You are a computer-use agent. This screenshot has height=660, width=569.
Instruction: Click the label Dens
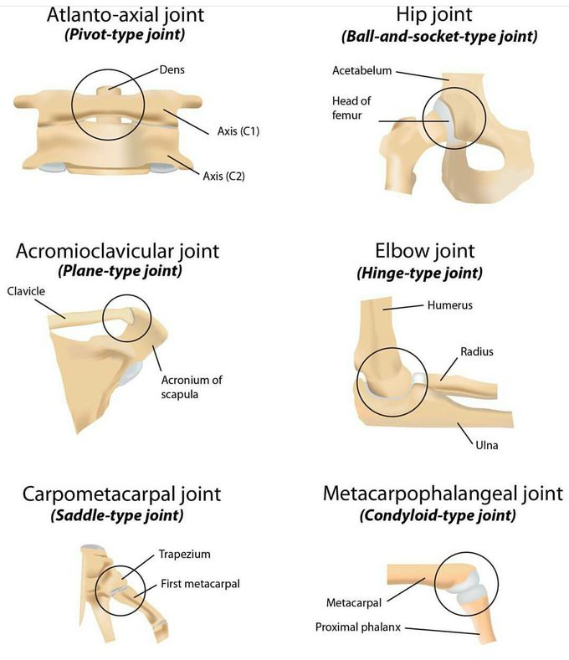[x=172, y=69]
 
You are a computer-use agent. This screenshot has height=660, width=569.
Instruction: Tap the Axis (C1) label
[x=238, y=131]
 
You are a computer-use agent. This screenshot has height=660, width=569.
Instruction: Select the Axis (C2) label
[x=223, y=176]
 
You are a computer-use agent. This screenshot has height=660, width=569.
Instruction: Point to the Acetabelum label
[x=361, y=70]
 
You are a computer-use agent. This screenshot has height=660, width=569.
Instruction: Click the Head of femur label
[x=351, y=108]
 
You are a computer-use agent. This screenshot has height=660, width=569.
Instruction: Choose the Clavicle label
[x=26, y=291]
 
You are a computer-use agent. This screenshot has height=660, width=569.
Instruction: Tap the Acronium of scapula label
[x=192, y=386]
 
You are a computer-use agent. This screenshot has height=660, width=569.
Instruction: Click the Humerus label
[x=450, y=304]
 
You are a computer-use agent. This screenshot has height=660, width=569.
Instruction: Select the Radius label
[x=477, y=351]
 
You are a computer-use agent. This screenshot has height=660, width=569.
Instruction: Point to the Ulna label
[x=486, y=445]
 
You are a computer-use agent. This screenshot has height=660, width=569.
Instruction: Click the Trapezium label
[x=184, y=554]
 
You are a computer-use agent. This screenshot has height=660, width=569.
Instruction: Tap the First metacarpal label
[x=200, y=584]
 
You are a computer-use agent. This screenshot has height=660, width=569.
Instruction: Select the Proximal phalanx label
[x=358, y=627]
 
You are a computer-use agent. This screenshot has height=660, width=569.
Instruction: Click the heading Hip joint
[x=433, y=14]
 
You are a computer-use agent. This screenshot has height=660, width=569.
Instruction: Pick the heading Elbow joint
[x=424, y=251]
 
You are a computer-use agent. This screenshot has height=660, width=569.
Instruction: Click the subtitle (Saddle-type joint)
[x=117, y=515]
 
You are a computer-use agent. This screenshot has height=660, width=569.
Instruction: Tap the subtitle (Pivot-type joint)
[x=125, y=34]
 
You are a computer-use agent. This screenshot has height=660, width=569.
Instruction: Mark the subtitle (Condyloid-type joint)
[x=438, y=515]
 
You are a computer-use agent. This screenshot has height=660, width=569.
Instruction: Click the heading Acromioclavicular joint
[x=117, y=251]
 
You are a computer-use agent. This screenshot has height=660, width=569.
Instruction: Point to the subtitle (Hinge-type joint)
[x=419, y=274]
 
